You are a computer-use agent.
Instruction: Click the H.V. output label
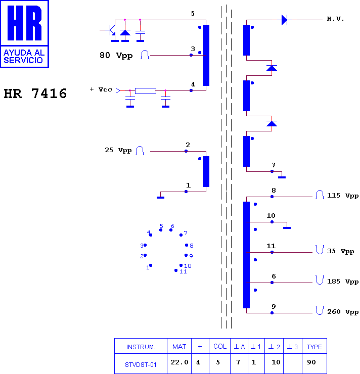click(335, 19)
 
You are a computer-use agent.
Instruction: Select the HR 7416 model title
click(35, 93)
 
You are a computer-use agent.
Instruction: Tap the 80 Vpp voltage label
click(116, 55)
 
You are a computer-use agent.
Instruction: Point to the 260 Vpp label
click(343, 312)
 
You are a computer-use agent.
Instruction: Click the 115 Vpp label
click(343, 196)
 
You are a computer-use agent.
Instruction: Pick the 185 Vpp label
click(343, 282)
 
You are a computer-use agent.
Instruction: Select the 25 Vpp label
click(118, 150)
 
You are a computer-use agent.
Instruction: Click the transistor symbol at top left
click(111, 30)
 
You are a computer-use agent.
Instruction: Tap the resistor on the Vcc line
click(146, 90)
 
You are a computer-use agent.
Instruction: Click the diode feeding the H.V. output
click(284, 20)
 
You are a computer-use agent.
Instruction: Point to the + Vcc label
click(101, 89)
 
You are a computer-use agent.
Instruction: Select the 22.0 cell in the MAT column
click(179, 362)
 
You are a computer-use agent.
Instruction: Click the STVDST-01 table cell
click(141, 365)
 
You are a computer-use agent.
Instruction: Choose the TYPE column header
click(314, 347)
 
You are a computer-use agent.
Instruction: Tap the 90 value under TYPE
click(311, 362)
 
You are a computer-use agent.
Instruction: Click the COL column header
click(220, 346)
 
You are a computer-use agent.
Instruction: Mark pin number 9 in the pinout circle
click(191, 256)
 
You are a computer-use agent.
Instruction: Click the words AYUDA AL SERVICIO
click(24, 56)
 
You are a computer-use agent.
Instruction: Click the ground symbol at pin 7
click(282, 177)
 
